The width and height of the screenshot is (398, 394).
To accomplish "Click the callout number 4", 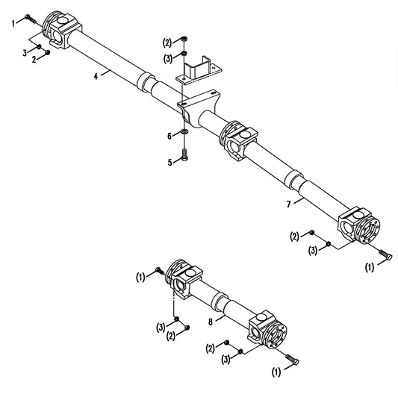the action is coord(96,76).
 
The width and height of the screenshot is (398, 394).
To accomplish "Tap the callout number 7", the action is coord(288,204).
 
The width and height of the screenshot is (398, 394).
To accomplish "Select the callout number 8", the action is coord(211,322).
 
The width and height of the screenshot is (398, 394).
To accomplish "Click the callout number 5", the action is coord(170,162).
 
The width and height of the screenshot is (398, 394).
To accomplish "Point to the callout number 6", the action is coord(170,137).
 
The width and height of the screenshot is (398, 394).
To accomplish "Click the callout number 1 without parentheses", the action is coord(13,24).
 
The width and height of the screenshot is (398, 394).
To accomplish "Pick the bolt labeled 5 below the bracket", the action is coord(184,155).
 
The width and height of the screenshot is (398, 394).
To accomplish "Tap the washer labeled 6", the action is coord(184,131).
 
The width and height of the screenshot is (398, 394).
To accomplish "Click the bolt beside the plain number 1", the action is coord(31,19).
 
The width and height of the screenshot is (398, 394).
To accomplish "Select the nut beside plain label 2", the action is coord(47,52).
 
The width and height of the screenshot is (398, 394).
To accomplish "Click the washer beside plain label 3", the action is coord(39,47).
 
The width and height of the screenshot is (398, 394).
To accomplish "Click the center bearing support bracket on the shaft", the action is coord(199,107).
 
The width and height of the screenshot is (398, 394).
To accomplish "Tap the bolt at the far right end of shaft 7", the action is coord(386,254).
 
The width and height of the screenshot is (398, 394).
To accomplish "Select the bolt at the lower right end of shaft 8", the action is coord(293,360).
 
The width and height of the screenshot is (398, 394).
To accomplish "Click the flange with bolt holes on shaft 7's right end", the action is coord(368,231).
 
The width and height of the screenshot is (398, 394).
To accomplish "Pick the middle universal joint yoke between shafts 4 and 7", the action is coord(239,140).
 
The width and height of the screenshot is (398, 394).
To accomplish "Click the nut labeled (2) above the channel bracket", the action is coord(184,39).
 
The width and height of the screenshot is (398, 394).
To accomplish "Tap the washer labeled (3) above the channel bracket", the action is coord(184,54).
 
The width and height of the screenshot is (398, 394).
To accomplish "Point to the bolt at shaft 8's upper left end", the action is coord(160,271).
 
